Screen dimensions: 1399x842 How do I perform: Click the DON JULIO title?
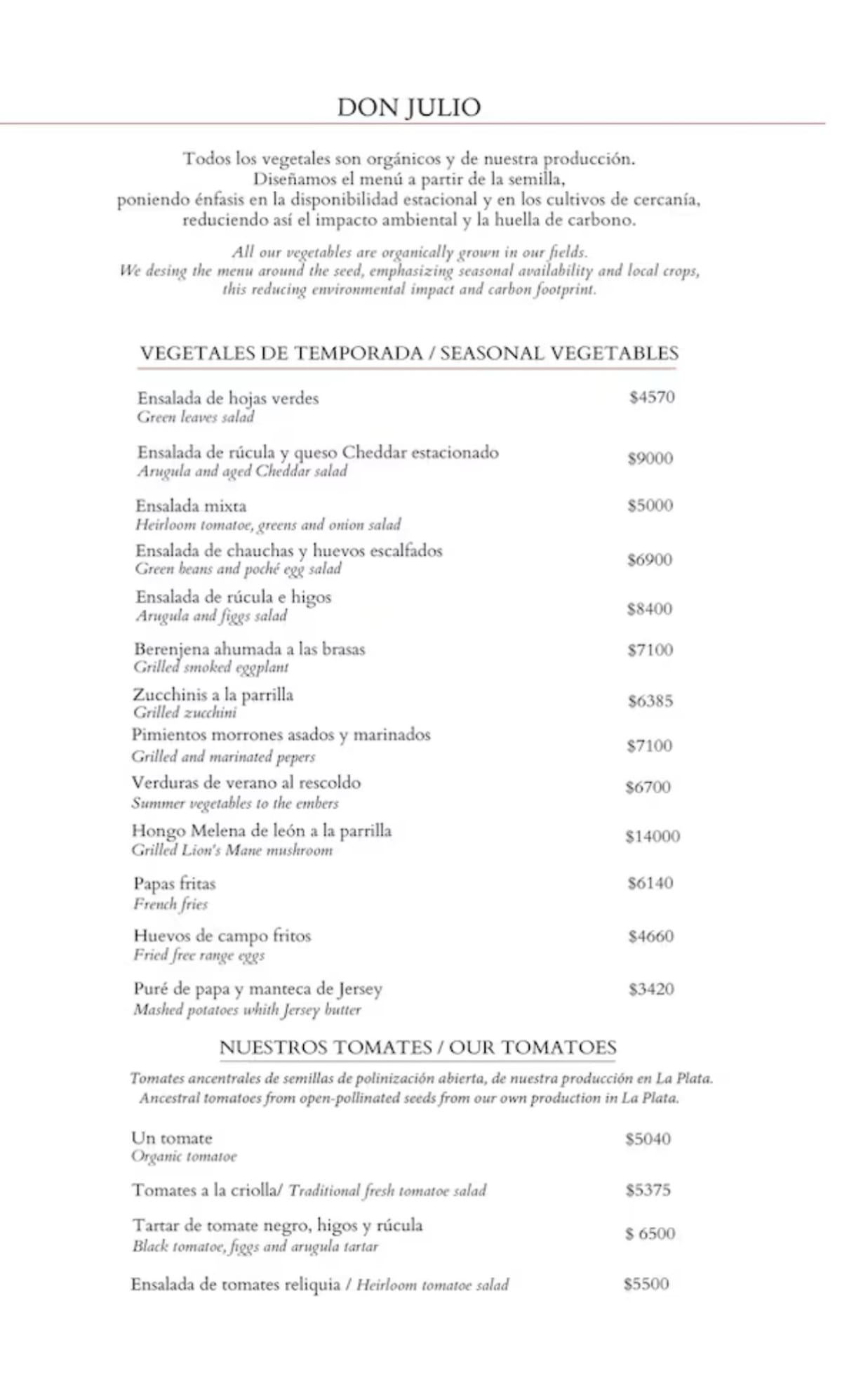click(x=409, y=107)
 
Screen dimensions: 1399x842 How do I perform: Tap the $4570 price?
click(x=652, y=397)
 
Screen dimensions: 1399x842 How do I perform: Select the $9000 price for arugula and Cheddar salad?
click(x=650, y=458)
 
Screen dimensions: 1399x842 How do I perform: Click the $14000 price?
click(x=653, y=836)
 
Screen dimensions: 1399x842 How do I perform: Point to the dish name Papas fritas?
click(x=175, y=884)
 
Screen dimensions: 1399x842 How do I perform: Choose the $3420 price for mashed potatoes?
click(x=651, y=989)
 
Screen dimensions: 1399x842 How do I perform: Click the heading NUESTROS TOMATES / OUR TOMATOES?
click(x=417, y=1047)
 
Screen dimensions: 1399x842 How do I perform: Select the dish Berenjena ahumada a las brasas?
click(x=250, y=649)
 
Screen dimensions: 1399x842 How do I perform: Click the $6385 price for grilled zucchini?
click(x=650, y=701)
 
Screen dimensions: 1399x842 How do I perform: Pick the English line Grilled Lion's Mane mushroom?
click(x=232, y=850)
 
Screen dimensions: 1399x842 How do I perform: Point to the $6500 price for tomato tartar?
click(x=650, y=1233)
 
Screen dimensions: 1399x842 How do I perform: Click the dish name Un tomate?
click(x=172, y=1138)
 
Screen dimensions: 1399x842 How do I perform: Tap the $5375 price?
click(x=648, y=1190)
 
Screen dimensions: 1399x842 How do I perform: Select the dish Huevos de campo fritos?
click(x=222, y=936)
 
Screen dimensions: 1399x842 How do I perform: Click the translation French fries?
click(x=171, y=904)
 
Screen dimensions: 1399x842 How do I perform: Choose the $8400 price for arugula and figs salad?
click(x=650, y=609)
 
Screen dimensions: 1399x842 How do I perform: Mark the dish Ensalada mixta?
click(x=191, y=506)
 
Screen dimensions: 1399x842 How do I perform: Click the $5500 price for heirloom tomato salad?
click(x=646, y=1284)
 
